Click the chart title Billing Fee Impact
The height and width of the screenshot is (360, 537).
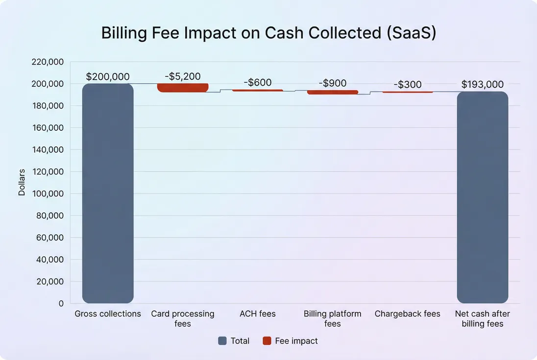tap(268, 33)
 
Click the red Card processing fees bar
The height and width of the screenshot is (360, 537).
tap(182, 88)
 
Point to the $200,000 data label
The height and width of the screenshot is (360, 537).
tap(108, 77)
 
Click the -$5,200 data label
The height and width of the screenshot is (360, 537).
tap(182, 76)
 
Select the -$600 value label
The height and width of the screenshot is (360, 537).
tap(257, 83)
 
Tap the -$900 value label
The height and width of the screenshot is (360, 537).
tap(332, 83)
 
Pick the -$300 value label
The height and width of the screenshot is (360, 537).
tap(407, 85)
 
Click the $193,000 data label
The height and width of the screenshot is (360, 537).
tap(483, 85)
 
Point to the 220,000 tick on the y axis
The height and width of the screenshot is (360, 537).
tap(47, 62)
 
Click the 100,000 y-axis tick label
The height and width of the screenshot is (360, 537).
tap(47, 194)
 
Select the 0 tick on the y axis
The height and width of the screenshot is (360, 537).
tap(61, 304)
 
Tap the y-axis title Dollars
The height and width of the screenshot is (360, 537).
tap(22, 182)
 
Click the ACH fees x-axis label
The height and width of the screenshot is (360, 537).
tap(257, 314)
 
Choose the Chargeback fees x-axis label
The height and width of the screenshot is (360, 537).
tap(407, 314)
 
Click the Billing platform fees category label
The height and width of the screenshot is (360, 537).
tap(332, 318)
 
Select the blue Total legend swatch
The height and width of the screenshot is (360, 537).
tap(222, 341)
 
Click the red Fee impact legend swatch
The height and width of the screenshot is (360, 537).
tap(267, 341)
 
